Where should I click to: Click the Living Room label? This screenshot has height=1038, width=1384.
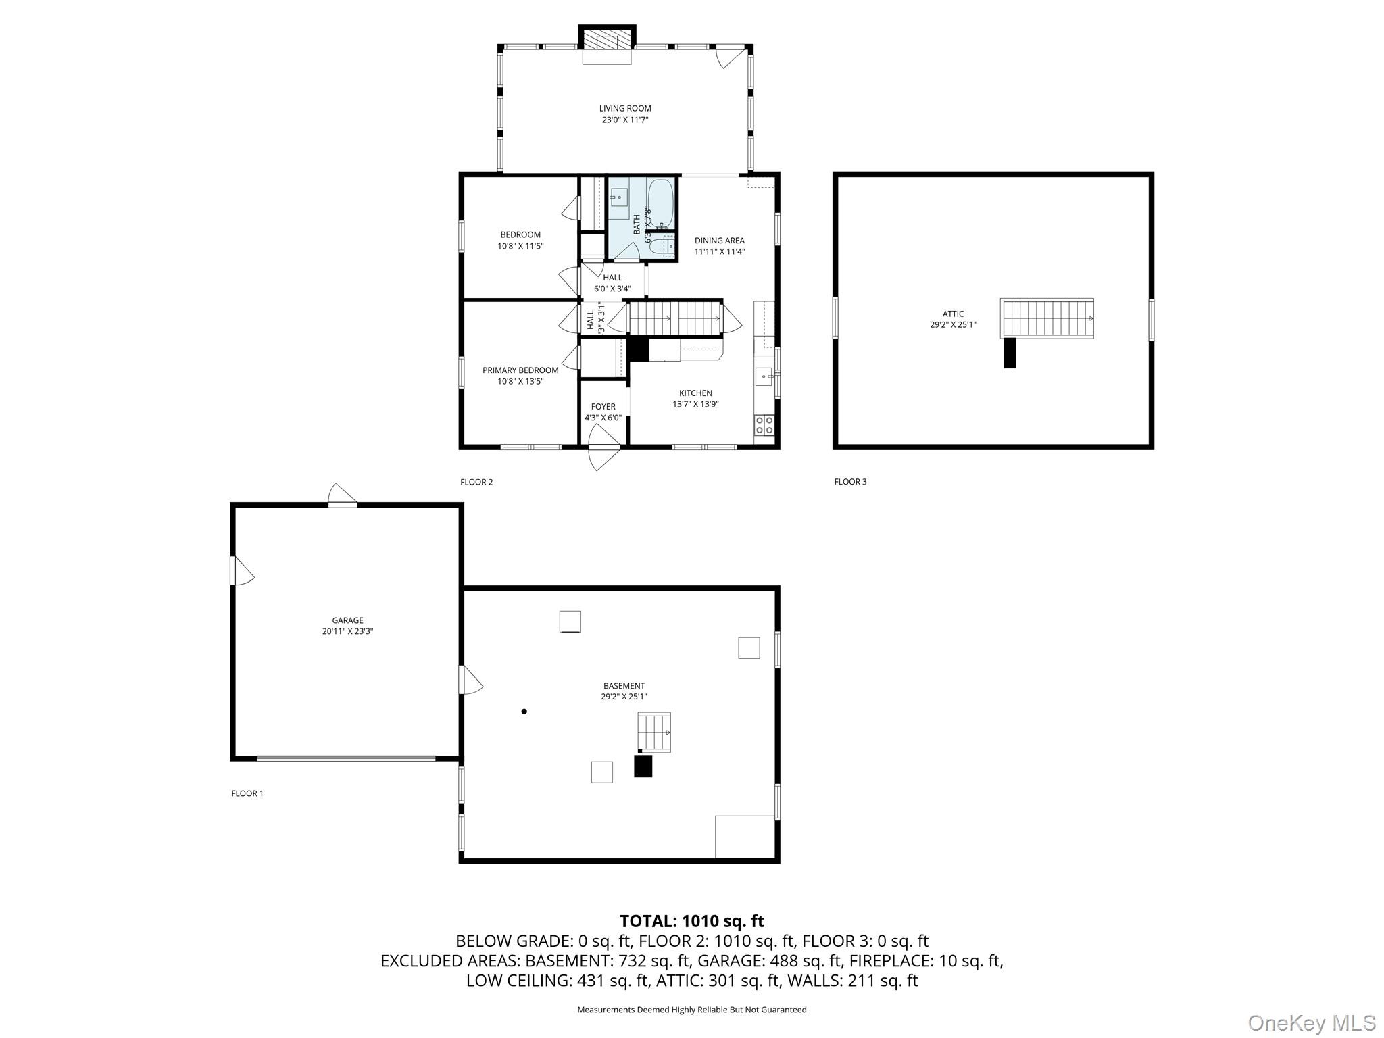(624, 108)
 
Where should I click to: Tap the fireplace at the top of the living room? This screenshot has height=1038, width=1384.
(607, 40)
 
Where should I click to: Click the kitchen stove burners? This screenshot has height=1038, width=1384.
(764, 424)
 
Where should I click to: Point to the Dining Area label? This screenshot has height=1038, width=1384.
(719, 241)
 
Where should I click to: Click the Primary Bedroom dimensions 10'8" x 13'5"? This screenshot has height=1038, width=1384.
(520, 381)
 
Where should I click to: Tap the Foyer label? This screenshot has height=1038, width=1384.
(603, 407)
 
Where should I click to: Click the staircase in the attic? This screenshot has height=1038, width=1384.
(1047, 318)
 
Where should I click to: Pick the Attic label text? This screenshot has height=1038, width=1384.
(953, 314)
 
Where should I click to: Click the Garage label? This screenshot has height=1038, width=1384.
(347, 620)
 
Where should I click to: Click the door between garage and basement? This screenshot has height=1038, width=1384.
(470, 680)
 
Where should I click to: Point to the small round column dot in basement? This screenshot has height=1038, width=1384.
(524, 711)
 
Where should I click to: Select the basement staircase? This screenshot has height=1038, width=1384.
(654, 732)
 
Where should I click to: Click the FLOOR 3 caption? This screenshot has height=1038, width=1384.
(850, 482)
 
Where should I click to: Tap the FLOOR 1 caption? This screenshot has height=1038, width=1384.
(247, 793)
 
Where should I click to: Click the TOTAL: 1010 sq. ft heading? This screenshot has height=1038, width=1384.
(691, 921)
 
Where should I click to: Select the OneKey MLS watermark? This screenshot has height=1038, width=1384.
(1311, 1022)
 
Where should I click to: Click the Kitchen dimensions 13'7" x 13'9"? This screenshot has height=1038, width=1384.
(695, 404)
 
